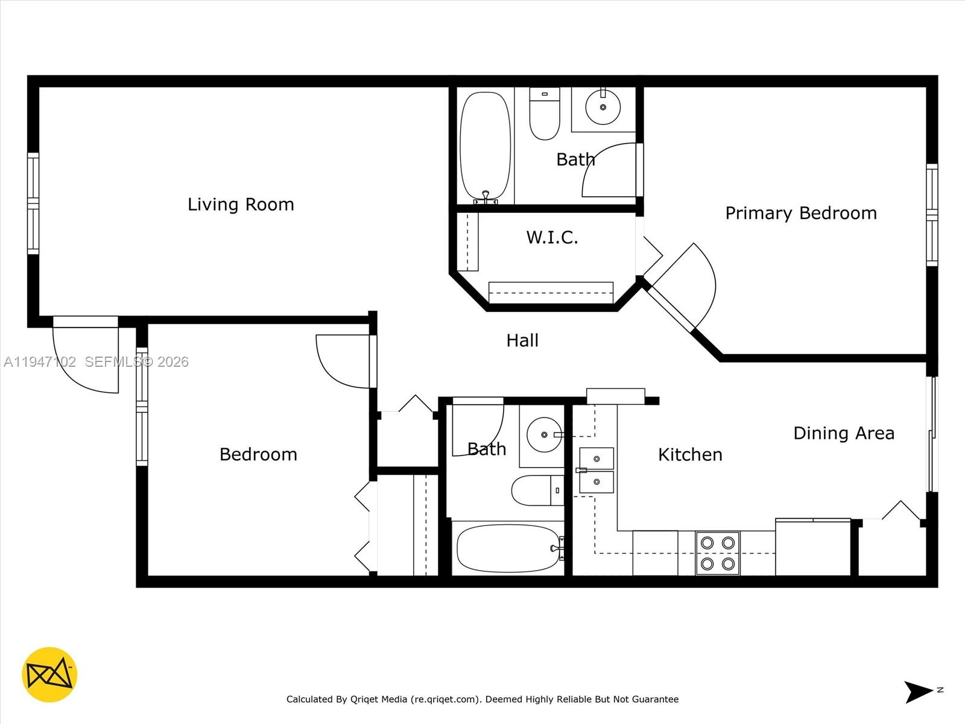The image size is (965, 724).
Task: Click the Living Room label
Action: click(x=241, y=205)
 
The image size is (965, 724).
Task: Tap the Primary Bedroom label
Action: click(x=800, y=213)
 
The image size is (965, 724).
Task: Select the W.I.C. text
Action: click(x=552, y=237)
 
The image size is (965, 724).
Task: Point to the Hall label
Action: click(x=522, y=340)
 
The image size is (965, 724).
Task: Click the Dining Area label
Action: click(x=843, y=433)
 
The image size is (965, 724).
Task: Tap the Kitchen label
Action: click(x=690, y=454)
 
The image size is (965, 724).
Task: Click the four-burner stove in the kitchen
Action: click(x=717, y=553)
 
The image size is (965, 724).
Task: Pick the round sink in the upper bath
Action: click(x=603, y=107)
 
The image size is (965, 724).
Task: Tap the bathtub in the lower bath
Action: click(x=508, y=548)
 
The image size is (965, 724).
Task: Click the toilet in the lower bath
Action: click(x=534, y=491)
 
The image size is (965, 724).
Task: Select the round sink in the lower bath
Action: click(x=543, y=434)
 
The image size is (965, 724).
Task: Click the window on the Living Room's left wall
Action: click(x=33, y=203)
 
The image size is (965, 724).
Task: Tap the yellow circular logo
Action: click(x=49, y=675)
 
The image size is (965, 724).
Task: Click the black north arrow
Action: click(x=917, y=691)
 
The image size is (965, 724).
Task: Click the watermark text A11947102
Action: click(x=40, y=362)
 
